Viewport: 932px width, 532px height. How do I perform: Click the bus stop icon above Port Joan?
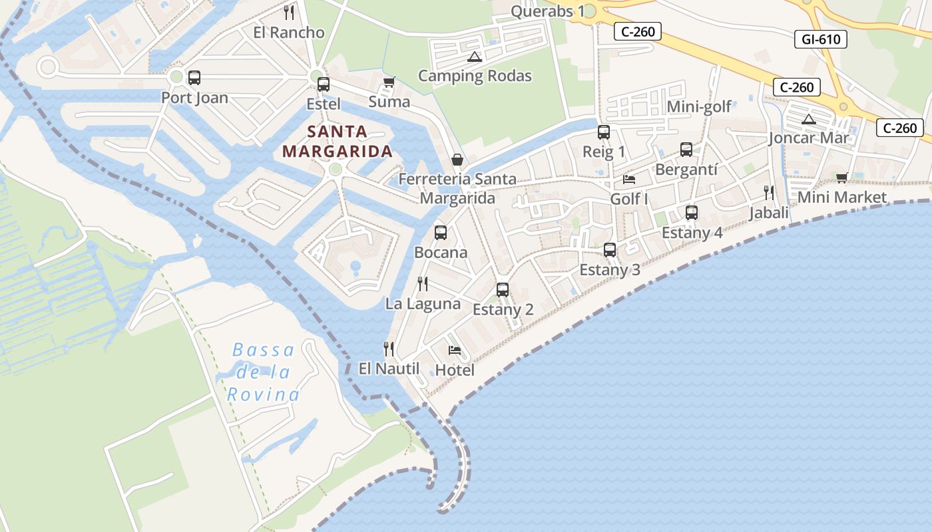click(194, 78)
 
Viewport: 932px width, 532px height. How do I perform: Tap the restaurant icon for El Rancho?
click(289, 12)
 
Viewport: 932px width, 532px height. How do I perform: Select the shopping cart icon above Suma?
click(389, 82)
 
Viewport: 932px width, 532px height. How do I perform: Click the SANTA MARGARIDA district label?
click(338, 141)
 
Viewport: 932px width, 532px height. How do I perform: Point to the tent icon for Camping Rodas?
click(474, 57)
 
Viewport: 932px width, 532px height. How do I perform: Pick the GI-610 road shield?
click(821, 39)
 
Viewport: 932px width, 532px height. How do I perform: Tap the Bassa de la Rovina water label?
click(263, 372)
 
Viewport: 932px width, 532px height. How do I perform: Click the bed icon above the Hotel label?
click(455, 350)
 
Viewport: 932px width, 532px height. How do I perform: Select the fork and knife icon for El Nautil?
click(389, 348)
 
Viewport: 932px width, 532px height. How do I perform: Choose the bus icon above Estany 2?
click(503, 290)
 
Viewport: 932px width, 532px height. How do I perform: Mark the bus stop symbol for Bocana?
click(440, 233)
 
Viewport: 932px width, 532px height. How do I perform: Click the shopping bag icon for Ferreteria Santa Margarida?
click(457, 160)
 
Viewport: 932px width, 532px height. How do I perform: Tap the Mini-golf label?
click(699, 106)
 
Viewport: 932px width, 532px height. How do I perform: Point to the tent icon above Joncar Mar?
click(808, 119)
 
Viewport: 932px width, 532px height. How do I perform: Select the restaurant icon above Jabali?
click(769, 193)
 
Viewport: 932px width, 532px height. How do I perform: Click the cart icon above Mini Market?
click(841, 178)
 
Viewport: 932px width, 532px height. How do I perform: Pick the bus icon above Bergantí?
click(686, 150)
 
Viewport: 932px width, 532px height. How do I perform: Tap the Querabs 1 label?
click(547, 11)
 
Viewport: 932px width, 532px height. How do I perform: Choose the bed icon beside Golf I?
click(628, 180)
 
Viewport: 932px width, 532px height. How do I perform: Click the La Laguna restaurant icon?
click(423, 284)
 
